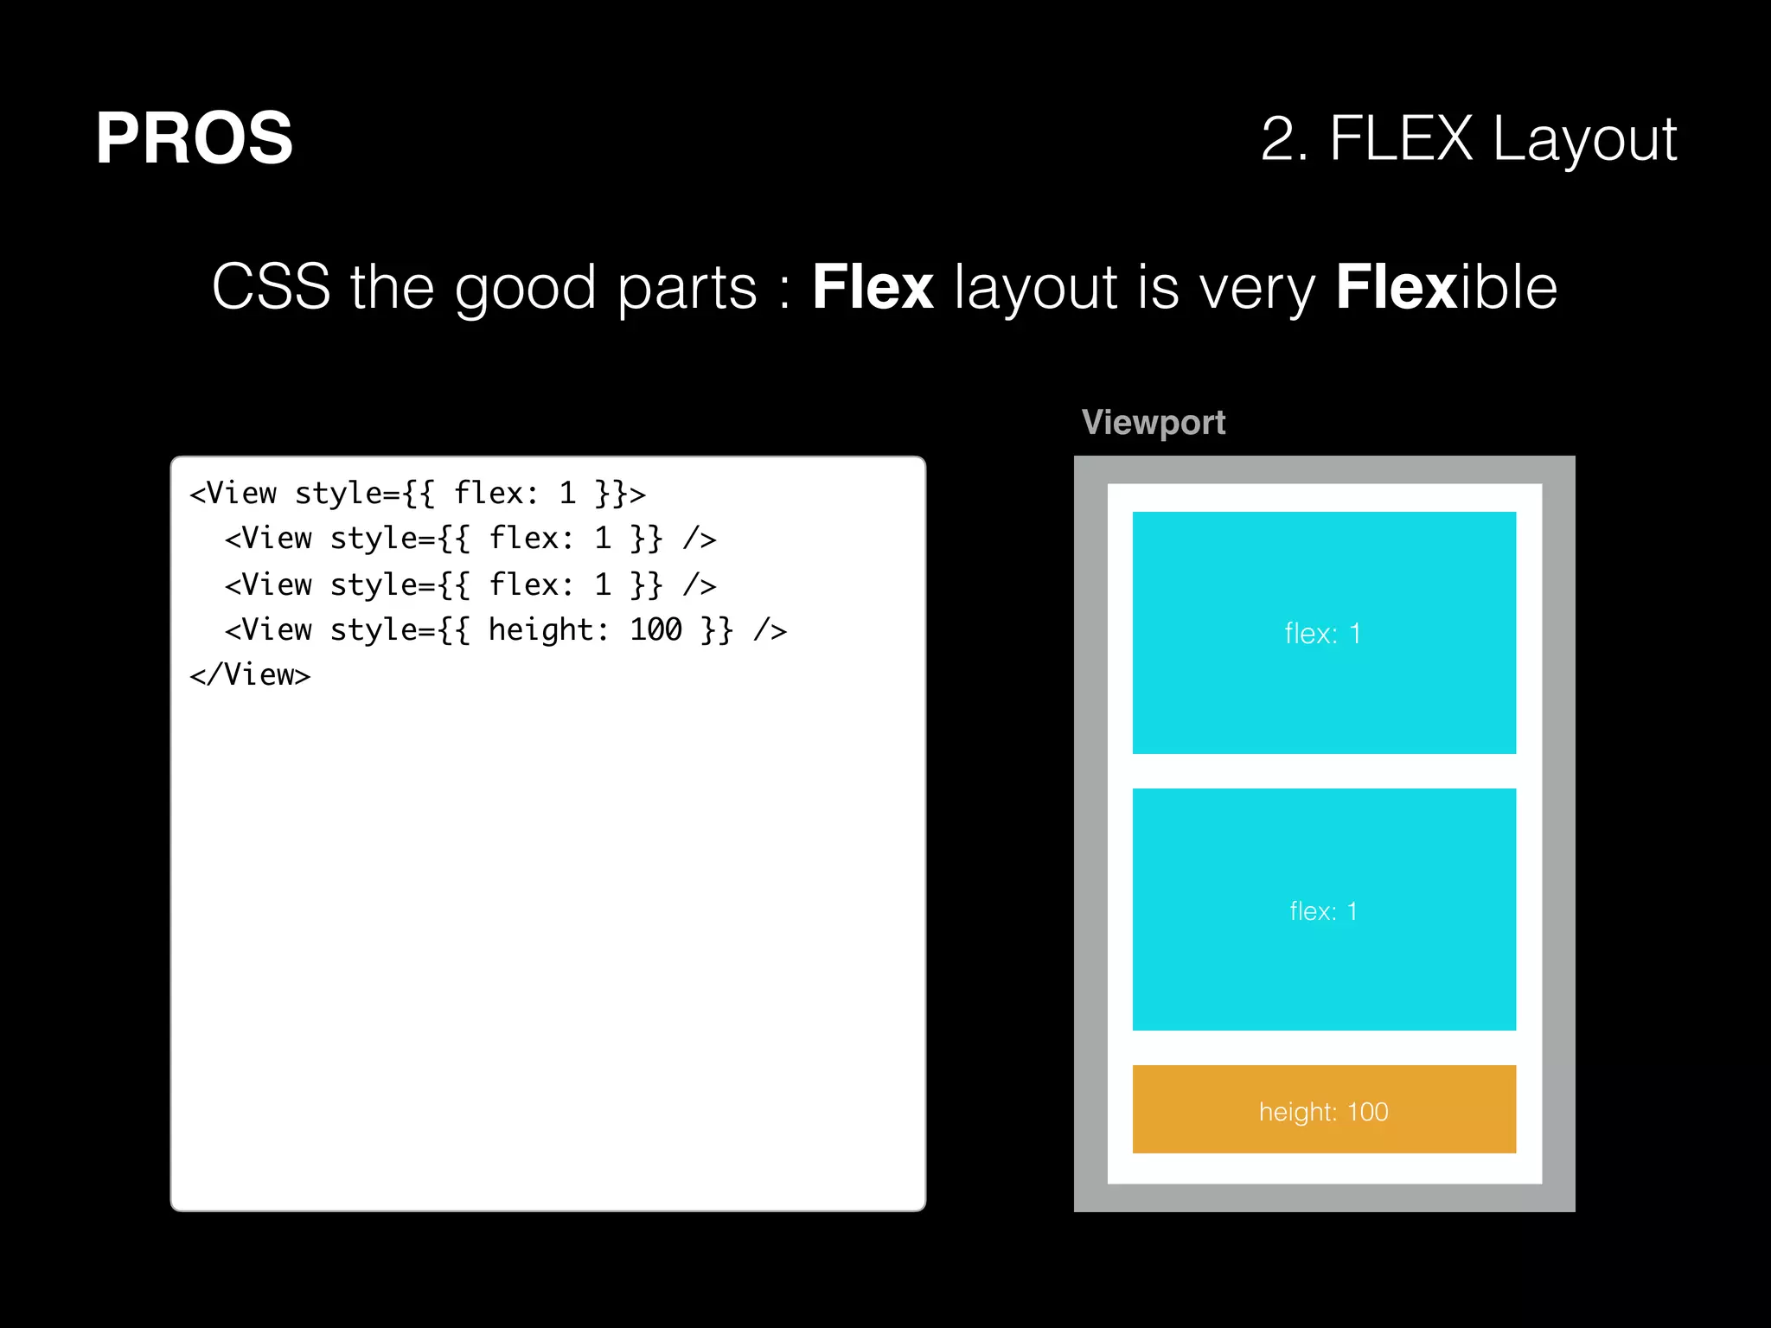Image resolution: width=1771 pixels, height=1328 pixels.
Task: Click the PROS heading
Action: [194, 138]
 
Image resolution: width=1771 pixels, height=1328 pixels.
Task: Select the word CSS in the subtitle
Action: [271, 287]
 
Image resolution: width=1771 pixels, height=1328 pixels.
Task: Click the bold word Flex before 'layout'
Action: [873, 287]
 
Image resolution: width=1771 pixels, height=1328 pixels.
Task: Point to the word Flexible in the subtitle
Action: [1446, 287]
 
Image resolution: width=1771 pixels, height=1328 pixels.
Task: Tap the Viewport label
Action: [1153, 422]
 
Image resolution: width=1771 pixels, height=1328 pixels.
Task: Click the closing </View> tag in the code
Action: [250, 674]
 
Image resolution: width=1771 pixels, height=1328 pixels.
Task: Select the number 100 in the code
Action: [655, 629]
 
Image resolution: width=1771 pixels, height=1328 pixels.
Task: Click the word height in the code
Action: [541, 629]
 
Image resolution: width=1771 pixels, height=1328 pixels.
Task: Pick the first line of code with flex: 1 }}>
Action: [418, 493]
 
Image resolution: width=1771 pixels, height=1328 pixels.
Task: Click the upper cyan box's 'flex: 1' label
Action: [1322, 634]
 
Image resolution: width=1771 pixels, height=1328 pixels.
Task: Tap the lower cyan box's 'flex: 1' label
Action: [1322, 911]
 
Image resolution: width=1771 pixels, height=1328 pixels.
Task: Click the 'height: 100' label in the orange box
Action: [1323, 1112]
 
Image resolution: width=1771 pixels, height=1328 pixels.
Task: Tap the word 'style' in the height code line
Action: [364, 629]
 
